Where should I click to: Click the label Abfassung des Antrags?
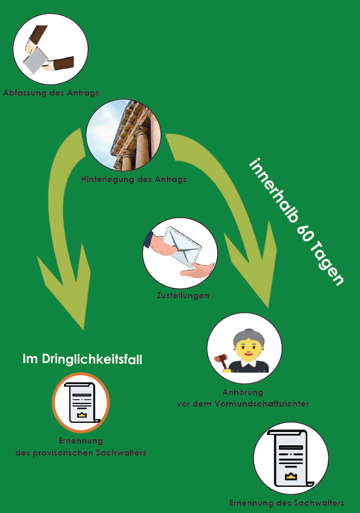click(51, 93)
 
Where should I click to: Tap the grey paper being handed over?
click(35, 60)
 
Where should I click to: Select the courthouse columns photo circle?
click(123, 135)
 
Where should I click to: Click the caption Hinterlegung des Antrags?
click(134, 179)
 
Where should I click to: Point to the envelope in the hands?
click(182, 246)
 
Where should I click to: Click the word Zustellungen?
click(183, 295)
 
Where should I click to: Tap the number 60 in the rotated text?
click(304, 232)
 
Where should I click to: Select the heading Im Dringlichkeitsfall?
click(82, 359)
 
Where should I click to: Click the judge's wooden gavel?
click(221, 361)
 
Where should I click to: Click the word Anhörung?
click(243, 392)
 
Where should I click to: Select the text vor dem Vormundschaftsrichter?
click(243, 404)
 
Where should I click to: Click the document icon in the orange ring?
click(81, 403)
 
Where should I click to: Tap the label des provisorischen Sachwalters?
click(81, 453)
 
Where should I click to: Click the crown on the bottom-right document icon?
click(290, 476)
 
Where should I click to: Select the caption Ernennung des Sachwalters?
click(287, 503)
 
